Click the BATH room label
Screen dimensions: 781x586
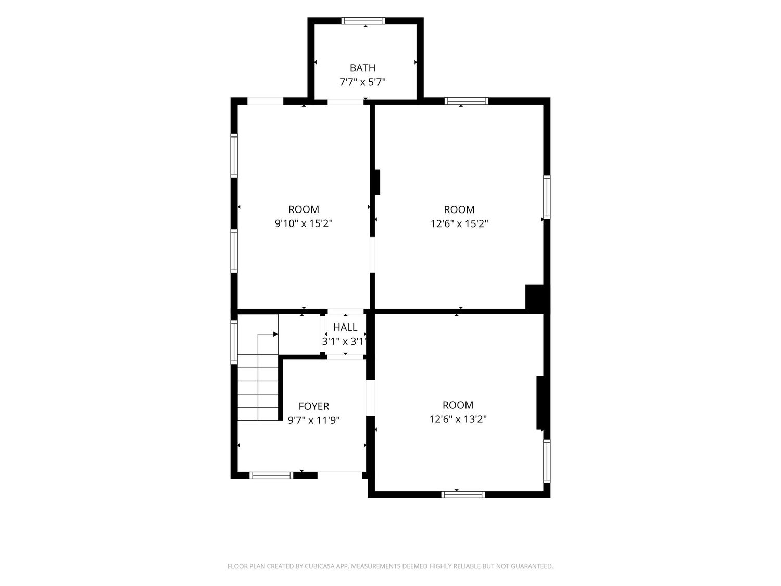(362, 68)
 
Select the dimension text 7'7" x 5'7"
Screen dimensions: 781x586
(362, 82)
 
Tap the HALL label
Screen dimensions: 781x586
(345, 327)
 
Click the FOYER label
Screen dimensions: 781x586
(314, 406)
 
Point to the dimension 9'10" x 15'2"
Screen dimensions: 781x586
(304, 223)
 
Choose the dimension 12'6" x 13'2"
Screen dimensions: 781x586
(458, 419)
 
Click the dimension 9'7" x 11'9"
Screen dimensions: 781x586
(314, 420)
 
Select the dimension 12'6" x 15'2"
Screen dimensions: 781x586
(459, 224)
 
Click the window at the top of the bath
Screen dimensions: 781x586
(363, 21)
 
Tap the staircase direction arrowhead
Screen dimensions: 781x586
(275, 334)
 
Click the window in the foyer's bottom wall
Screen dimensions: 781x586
(271, 476)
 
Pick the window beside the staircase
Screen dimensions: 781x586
(234, 342)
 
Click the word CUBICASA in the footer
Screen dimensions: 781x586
(320, 566)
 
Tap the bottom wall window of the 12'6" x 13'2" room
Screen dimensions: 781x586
(463, 494)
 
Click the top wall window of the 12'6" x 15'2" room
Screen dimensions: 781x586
(466, 101)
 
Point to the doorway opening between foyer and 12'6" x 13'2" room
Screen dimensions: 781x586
(370, 398)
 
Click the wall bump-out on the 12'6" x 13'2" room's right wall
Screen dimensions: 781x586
(540, 403)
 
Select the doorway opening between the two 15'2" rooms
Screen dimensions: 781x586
(372, 255)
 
